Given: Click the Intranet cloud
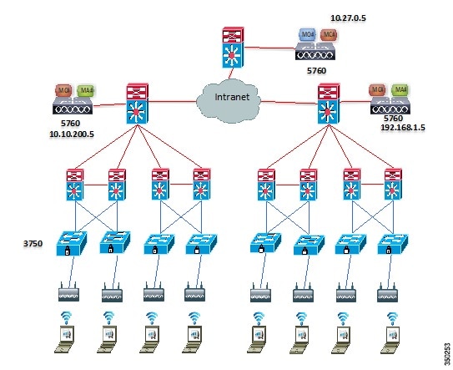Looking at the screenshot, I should pos(227,99).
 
